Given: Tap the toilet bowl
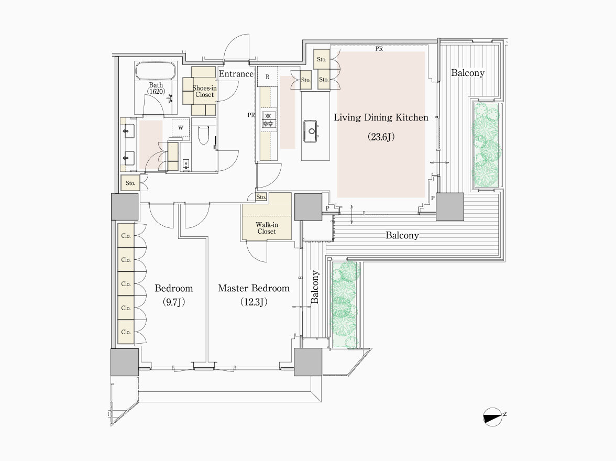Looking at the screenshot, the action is [x=203, y=135].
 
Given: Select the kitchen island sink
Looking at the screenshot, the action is [x=311, y=131].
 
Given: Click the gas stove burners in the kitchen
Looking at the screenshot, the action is [x=269, y=120].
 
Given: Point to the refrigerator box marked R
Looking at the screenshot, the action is [x=267, y=76].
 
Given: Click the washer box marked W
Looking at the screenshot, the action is [x=180, y=127].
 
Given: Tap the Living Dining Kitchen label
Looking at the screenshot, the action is [x=381, y=117].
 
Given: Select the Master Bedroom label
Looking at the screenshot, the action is [x=254, y=288].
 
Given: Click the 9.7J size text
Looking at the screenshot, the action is [x=174, y=302].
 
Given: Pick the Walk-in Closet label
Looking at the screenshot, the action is [x=267, y=228].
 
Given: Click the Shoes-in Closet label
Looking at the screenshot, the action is [x=204, y=92].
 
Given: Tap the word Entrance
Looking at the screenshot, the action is [x=236, y=74].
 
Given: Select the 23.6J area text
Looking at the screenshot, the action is [x=381, y=136].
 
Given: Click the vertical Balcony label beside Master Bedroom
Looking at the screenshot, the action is [x=315, y=287].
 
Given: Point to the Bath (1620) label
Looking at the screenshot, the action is [x=156, y=88].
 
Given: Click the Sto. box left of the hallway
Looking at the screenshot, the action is [x=130, y=183].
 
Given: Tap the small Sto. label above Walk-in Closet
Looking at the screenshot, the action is [x=261, y=197].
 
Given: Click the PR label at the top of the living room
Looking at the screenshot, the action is [x=379, y=49].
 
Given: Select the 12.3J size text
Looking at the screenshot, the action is [x=254, y=302].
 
